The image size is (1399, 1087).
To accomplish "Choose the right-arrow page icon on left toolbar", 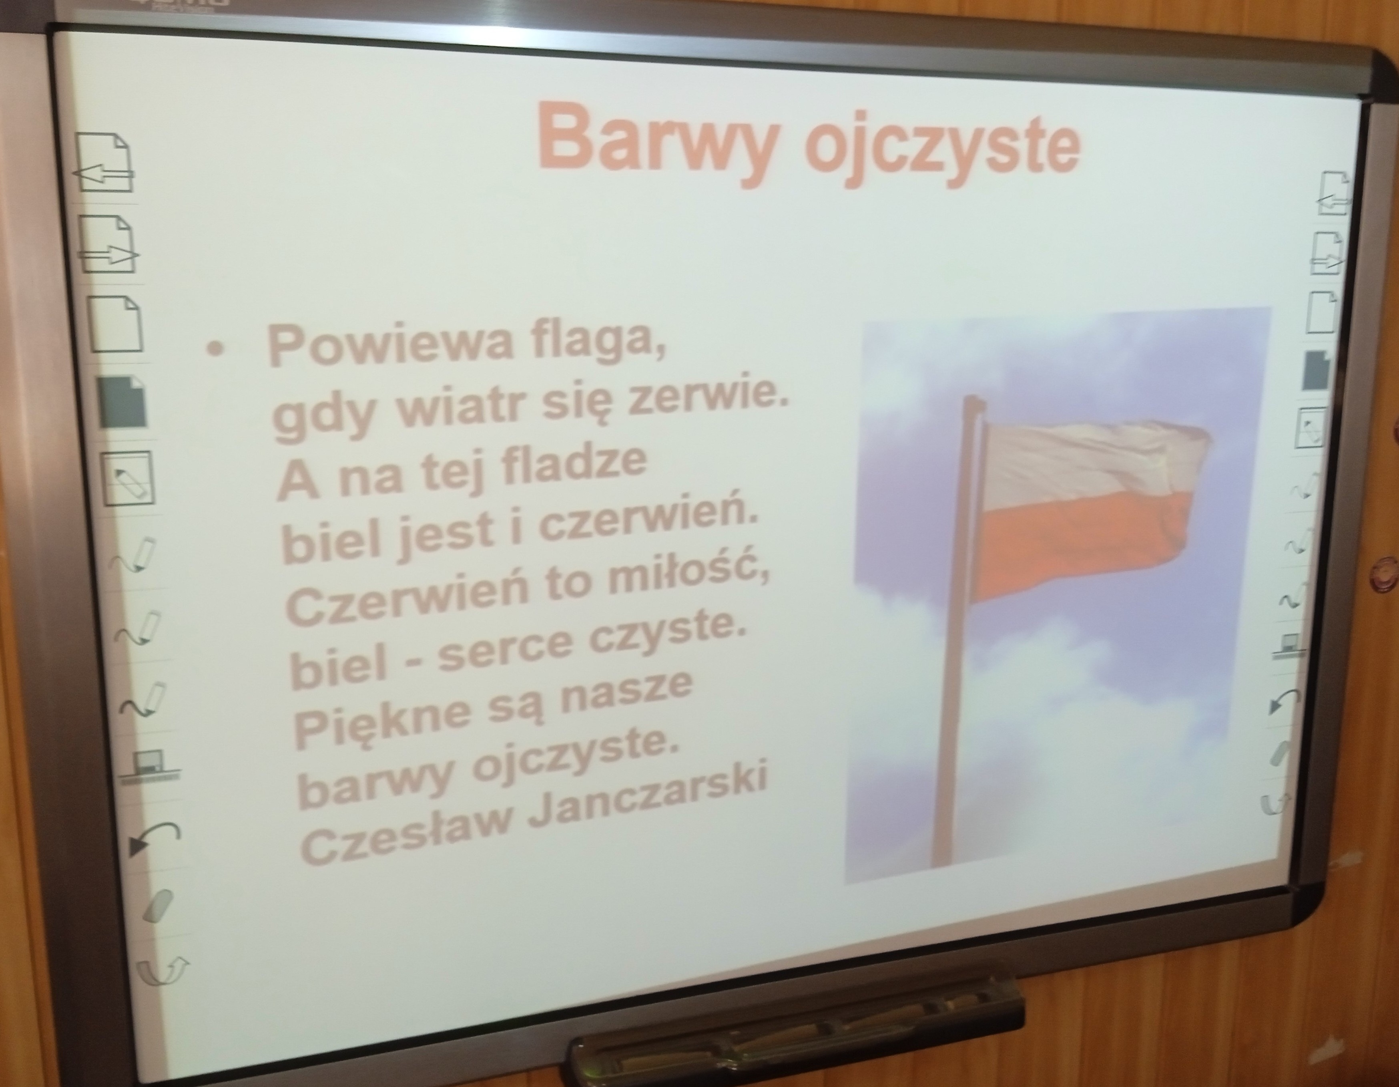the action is click(109, 244).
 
